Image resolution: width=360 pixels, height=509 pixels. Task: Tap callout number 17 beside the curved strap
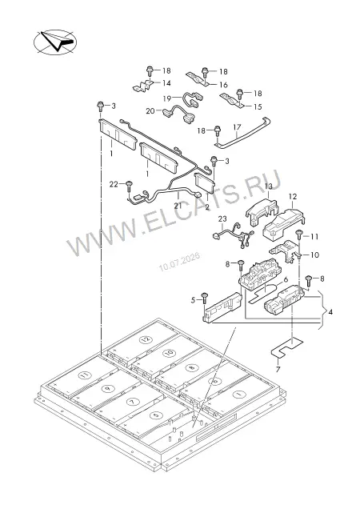pyautogui.click(x=237, y=127)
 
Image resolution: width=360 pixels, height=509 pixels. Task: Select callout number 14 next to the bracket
pyautogui.click(x=166, y=83)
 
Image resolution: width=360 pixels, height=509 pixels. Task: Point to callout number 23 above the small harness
pyautogui.click(x=222, y=219)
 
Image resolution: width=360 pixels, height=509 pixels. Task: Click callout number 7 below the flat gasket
pyautogui.click(x=278, y=370)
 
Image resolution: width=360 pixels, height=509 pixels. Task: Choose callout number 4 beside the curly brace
pyautogui.click(x=330, y=312)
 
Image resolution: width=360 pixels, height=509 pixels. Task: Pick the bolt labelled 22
pyautogui.click(x=129, y=186)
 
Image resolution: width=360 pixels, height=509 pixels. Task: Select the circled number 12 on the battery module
pyautogui.click(x=146, y=339)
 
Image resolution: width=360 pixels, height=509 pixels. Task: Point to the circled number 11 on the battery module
pyautogui.click(x=85, y=375)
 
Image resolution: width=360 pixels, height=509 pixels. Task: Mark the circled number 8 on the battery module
pyautogui.click(x=191, y=367)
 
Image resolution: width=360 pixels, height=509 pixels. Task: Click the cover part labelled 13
pyautogui.click(x=262, y=211)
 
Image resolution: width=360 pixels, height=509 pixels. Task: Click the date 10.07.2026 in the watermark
pyautogui.click(x=179, y=262)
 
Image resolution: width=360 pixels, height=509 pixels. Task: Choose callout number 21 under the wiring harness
pyautogui.click(x=178, y=206)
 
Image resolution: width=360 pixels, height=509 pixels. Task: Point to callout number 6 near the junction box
pyautogui.click(x=286, y=279)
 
